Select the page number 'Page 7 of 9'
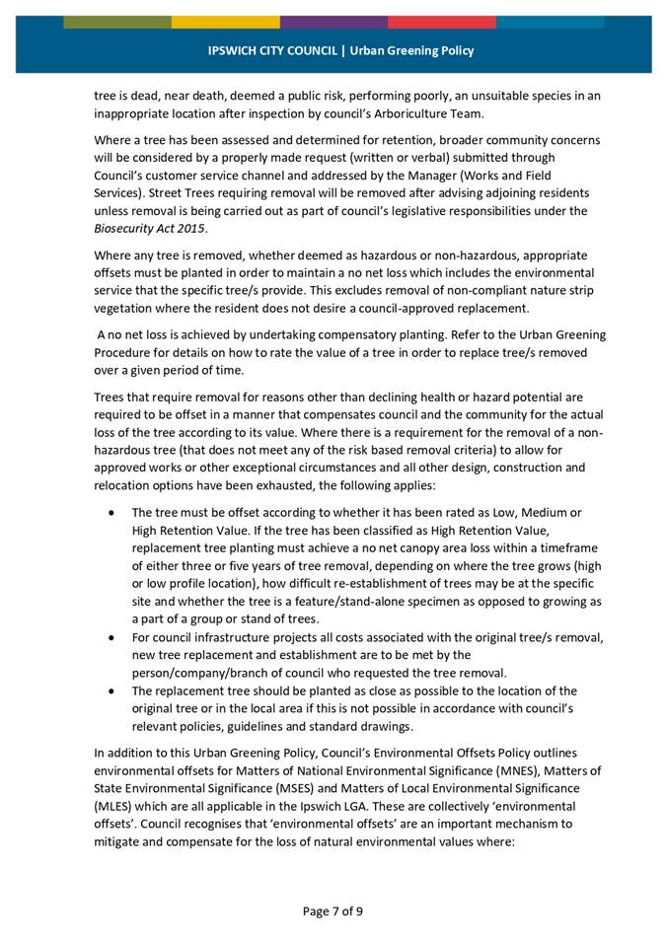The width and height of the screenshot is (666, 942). tap(333, 910)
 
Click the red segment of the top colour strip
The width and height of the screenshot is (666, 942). tap(441, 22)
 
